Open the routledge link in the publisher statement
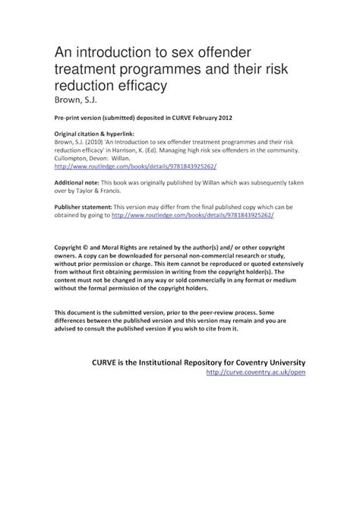192,215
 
